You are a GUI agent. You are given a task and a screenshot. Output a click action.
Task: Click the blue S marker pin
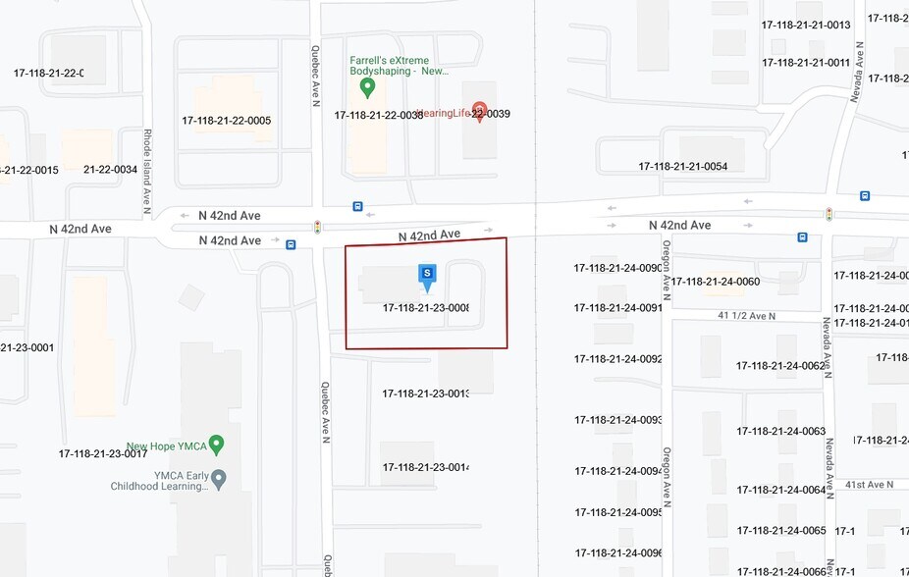tap(427, 276)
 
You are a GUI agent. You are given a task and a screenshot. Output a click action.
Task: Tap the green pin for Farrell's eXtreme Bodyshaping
tap(368, 88)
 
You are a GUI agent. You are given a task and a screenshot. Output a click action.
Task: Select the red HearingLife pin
tap(480, 110)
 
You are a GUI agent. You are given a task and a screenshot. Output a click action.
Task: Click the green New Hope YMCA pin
tap(217, 446)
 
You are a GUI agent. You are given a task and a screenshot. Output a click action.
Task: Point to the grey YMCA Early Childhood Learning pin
tap(219, 479)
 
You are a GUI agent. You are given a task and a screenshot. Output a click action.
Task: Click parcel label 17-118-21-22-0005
tap(226, 121)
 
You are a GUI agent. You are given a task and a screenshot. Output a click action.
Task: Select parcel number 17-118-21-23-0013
tap(425, 393)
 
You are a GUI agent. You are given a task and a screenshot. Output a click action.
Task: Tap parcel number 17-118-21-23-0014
tap(425, 467)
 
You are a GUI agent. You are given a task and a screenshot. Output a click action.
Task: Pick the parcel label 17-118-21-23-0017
tap(103, 453)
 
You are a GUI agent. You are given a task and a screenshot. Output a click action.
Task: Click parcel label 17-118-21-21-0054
tap(683, 167)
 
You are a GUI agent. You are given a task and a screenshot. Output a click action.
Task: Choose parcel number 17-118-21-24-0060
tap(715, 282)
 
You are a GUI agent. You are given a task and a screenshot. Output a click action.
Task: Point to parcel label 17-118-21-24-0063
tap(781, 432)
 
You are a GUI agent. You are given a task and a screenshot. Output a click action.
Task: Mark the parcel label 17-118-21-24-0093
tap(618, 420)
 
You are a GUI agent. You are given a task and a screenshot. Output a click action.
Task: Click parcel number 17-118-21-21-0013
tap(806, 25)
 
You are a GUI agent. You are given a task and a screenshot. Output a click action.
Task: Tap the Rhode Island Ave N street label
tap(147, 171)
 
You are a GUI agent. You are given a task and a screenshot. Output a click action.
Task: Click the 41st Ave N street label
tap(869, 485)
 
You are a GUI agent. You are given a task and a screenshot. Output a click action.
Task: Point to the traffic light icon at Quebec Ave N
tap(317, 228)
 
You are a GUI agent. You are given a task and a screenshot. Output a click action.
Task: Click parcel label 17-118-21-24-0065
tap(781, 531)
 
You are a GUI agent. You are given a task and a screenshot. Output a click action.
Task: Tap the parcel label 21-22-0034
tap(110, 170)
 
